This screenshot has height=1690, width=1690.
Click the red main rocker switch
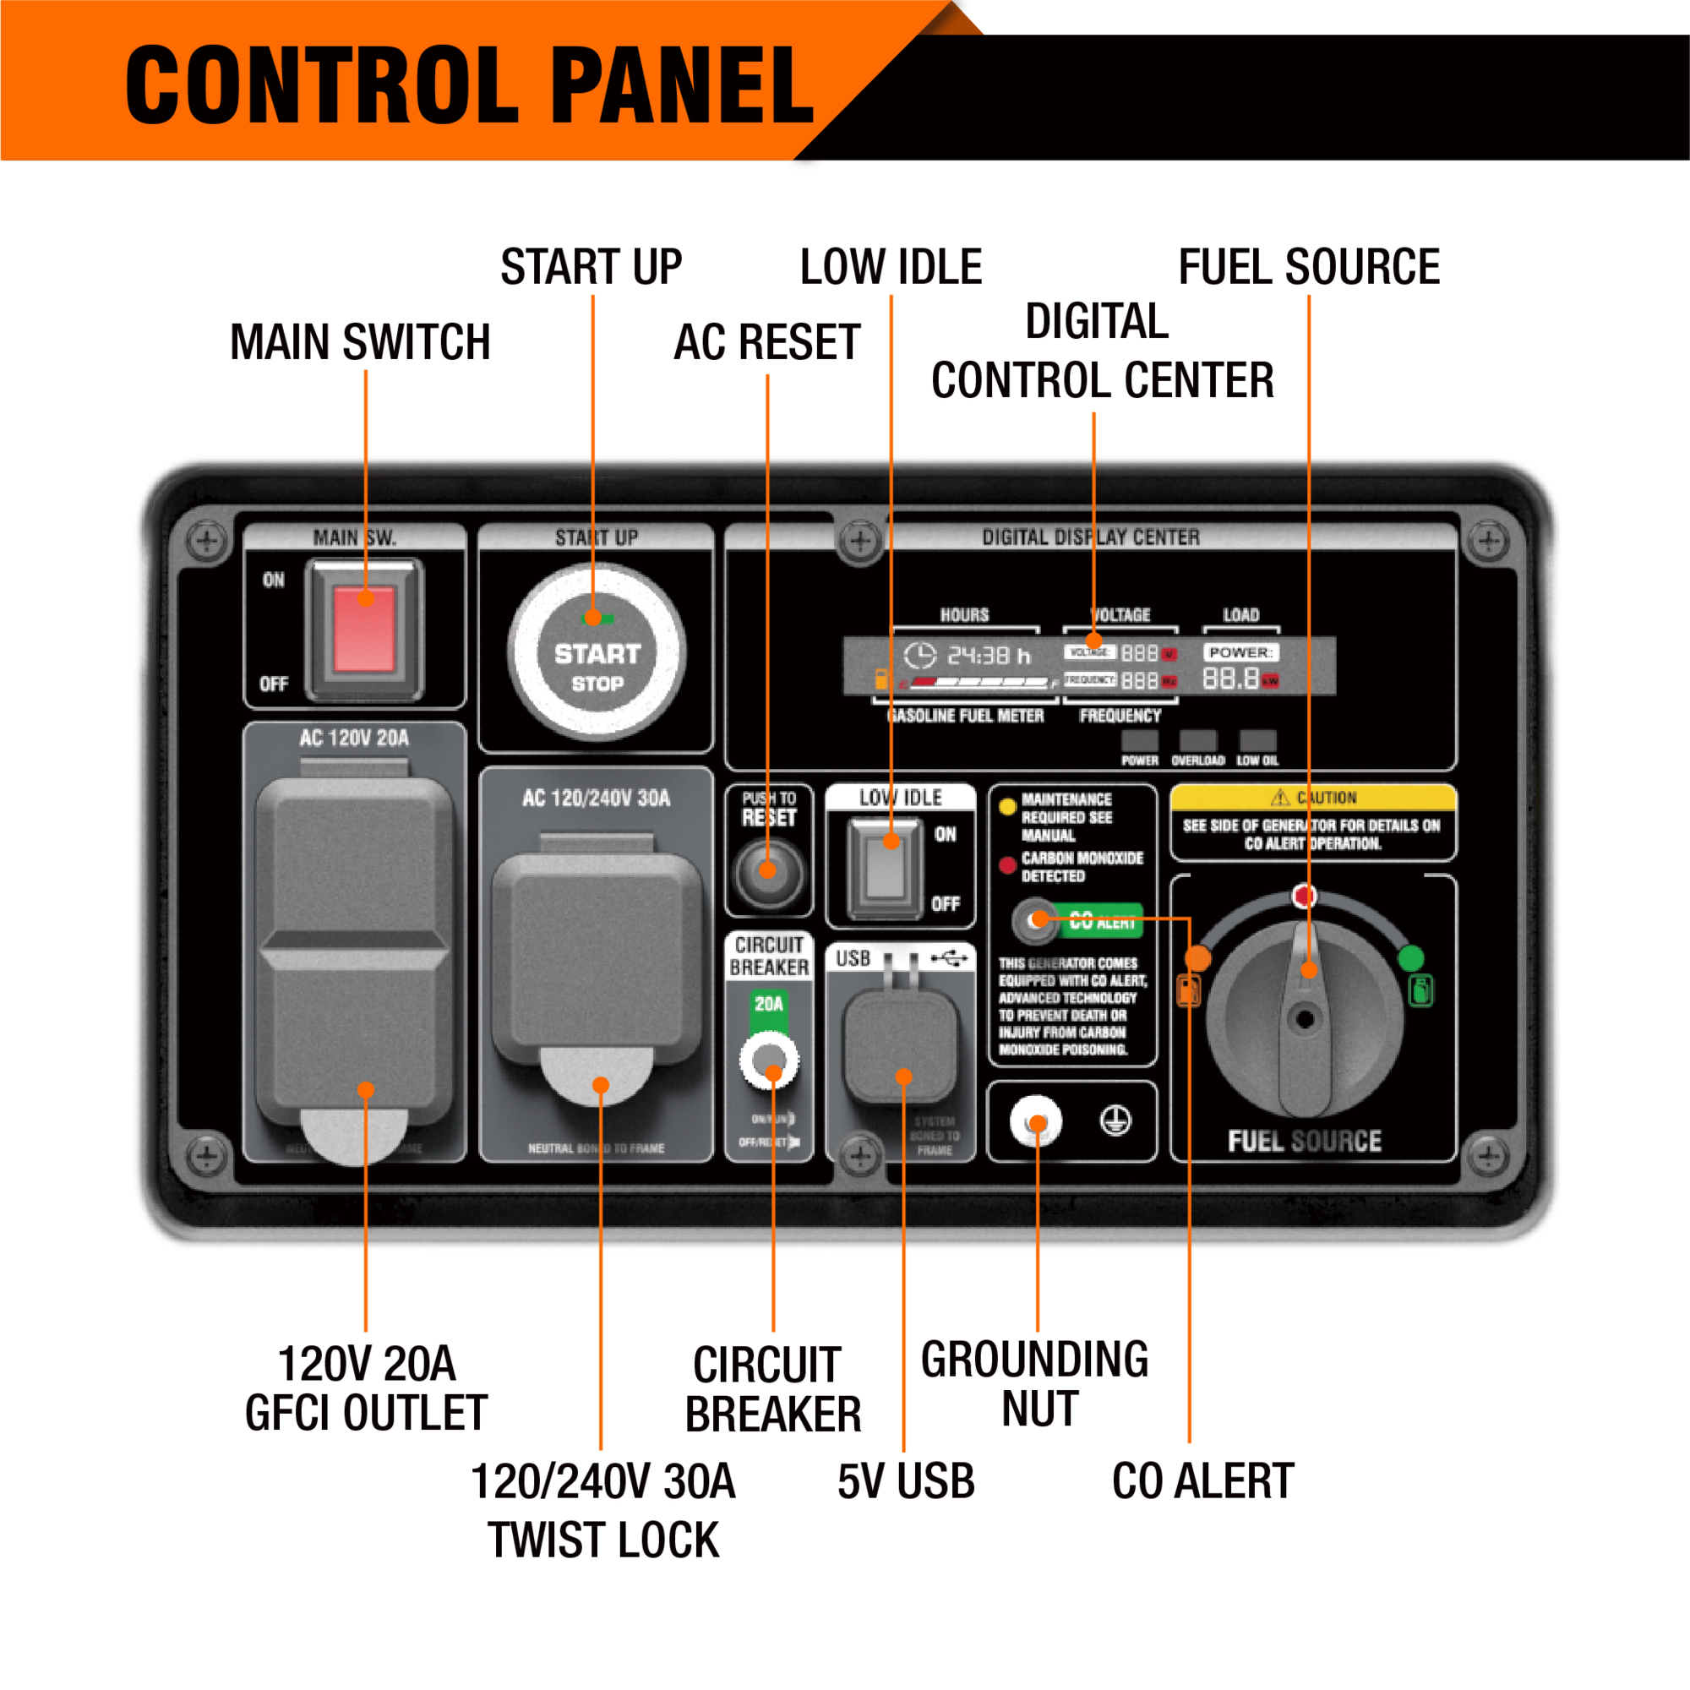pos(365,628)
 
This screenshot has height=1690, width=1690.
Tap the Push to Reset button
pos(767,871)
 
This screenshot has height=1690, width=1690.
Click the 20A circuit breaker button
pos(769,1061)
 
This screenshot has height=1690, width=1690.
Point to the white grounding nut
pos(1036,1121)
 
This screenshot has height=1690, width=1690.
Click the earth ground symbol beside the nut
pos(1115,1120)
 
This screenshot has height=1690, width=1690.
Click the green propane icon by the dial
pos(1421,991)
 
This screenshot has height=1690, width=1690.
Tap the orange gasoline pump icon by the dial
pos(1189,991)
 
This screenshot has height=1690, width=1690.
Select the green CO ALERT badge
pos(1104,920)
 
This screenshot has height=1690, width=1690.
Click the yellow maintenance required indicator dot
pos(1008,806)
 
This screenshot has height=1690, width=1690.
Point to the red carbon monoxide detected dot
pos(1008,865)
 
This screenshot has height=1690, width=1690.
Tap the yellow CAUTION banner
pos(1313,797)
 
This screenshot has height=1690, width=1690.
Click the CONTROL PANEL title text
pos(470,85)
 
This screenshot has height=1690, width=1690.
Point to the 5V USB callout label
pos(905,1482)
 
